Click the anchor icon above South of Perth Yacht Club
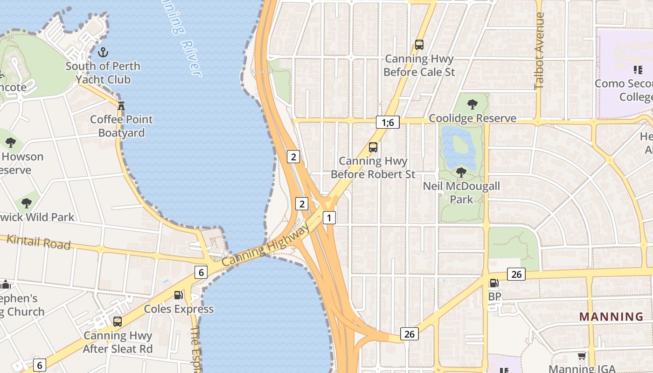(103, 52)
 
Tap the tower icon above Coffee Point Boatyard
(121, 105)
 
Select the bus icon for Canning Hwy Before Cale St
(419, 45)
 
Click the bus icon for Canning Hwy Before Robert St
(373, 147)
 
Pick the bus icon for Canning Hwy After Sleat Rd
(118, 322)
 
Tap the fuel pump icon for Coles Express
(178, 295)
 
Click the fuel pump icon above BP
(493, 283)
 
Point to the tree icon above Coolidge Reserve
(472, 104)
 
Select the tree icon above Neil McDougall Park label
(461, 173)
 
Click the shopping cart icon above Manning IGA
(582, 356)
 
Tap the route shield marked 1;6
(388, 123)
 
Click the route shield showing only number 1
(329, 217)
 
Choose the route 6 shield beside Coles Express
(201, 272)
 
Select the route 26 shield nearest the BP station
(516, 274)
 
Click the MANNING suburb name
(611, 317)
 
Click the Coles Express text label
(179, 309)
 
